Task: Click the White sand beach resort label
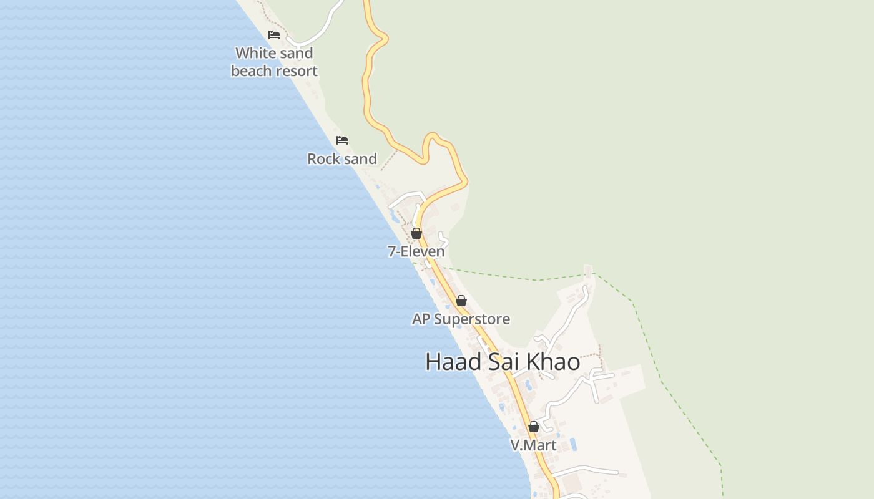click(x=274, y=62)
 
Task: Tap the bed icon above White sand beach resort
click(x=274, y=35)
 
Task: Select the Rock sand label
click(x=342, y=159)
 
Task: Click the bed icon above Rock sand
click(x=342, y=140)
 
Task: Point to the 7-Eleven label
click(x=416, y=251)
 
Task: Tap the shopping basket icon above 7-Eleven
click(x=416, y=233)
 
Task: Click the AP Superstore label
click(x=461, y=319)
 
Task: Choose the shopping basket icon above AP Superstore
click(x=461, y=301)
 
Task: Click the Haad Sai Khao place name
click(x=503, y=362)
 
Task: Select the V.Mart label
click(x=533, y=445)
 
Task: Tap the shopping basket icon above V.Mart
click(x=534, y=427)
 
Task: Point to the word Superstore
click(x=472, y=319)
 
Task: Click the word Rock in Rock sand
click(x=322, y=159)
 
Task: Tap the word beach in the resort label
click(x=249, y=71)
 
